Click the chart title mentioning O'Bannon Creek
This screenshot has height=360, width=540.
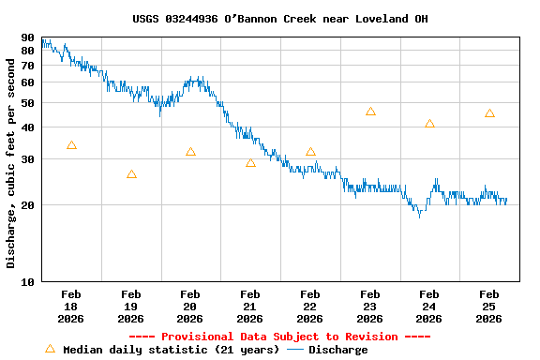click(x=279, y=19)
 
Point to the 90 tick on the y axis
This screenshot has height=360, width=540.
click(x=27, y=38)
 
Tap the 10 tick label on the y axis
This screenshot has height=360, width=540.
click(x=27, y=281)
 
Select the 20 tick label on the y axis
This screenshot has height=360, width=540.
click(x=27, y=204)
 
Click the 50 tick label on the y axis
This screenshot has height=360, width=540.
click(x=27, y=103)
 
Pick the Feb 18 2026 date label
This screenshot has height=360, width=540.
click(x=71, y=307)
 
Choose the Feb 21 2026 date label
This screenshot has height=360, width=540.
click(x=250, y=307)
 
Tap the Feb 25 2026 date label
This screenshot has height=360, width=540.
click(x=488, y=307)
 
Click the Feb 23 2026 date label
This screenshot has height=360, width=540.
click(x=369, y=307)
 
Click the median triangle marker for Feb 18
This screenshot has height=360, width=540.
click(x=71, y=145)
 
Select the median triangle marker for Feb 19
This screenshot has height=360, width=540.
click(x=131, y=174)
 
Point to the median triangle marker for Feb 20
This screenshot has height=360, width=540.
click(x=190, y=152)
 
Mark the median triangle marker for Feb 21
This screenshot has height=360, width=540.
click(x=250, y=163)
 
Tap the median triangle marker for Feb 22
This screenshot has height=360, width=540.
click(x=310, y=152)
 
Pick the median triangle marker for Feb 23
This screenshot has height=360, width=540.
click(x=370, y=112)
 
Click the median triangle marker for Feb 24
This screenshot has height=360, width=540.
click(x=429, y=124)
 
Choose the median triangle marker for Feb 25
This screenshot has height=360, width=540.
click(x=489, y=113)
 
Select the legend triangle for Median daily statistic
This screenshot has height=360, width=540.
click(x=50, y=349)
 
